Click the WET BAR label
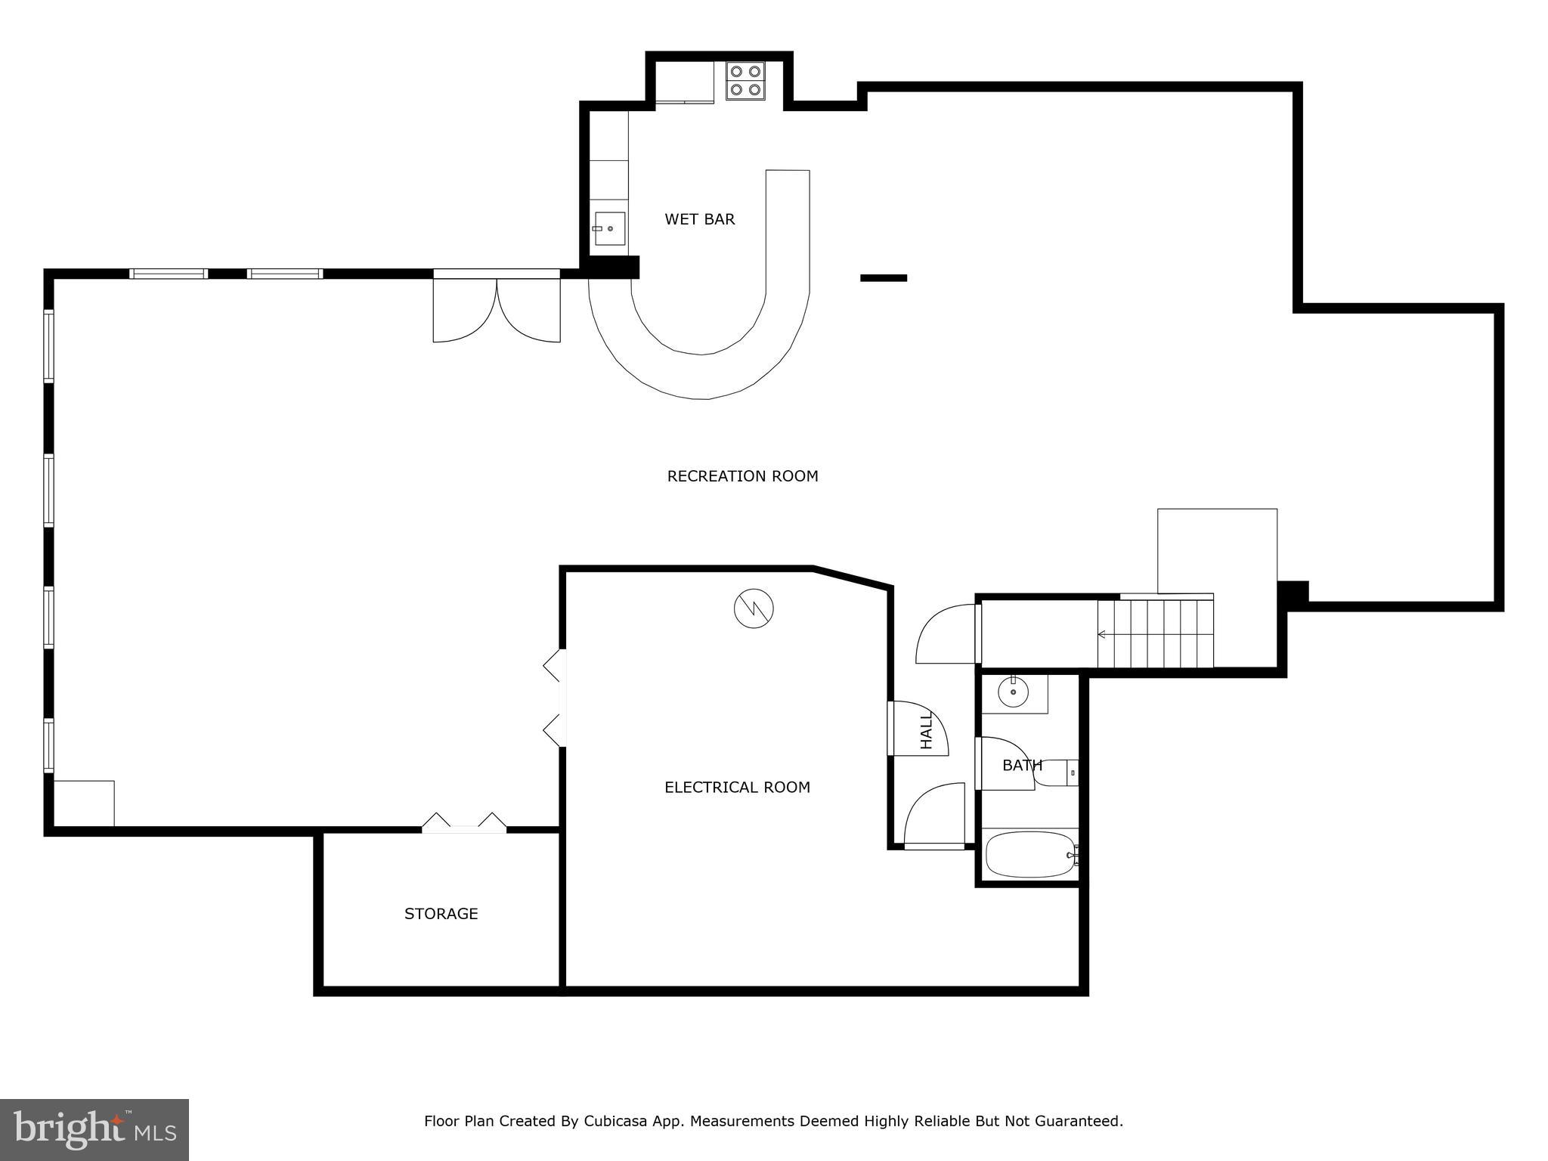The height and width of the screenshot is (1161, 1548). (699, 219)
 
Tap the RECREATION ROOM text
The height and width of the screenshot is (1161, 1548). (742, 476)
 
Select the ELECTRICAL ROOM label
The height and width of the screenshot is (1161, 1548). (737, 788)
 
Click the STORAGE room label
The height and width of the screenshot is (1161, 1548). (441, 914)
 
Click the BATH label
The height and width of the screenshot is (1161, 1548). (1022, 766)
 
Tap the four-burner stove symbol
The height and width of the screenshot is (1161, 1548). (745, 81)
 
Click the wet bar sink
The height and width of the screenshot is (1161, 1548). (609, 228)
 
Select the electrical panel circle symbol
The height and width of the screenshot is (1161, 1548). (754, 608)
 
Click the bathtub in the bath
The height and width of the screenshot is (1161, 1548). (1030, 855)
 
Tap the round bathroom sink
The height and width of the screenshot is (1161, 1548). (1012, 692)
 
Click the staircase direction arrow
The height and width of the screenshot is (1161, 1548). (1102, 634)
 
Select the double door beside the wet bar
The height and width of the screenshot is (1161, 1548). (497, 310)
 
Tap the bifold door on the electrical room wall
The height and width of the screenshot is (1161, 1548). (555, 698)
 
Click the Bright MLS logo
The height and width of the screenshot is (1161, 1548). (94, 1129)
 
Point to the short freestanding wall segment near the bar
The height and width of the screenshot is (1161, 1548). (883, 278)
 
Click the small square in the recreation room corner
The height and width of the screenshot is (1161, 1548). (84, 803)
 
